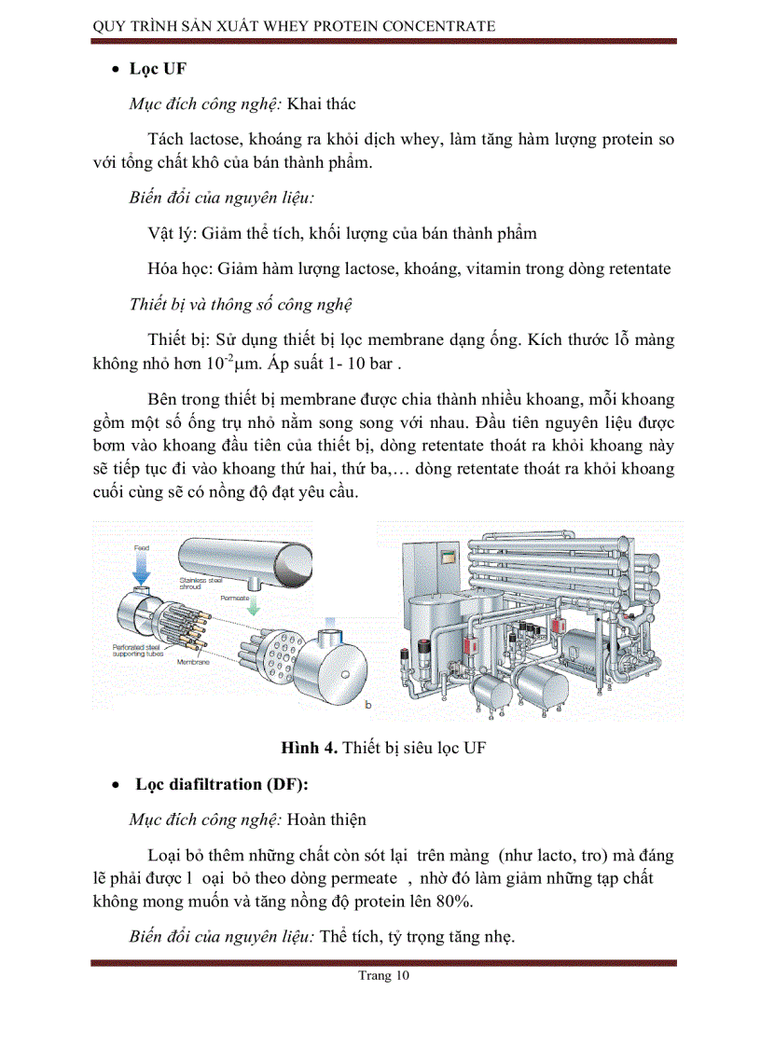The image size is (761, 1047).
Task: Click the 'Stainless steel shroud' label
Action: click(199, 583)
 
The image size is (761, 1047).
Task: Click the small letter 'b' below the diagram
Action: click(367, 707)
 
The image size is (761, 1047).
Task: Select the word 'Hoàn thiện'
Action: click(326, 820)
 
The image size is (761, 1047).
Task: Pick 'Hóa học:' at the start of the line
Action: click(180, 269)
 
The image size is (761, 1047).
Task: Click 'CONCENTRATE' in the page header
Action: click(435, 26)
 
